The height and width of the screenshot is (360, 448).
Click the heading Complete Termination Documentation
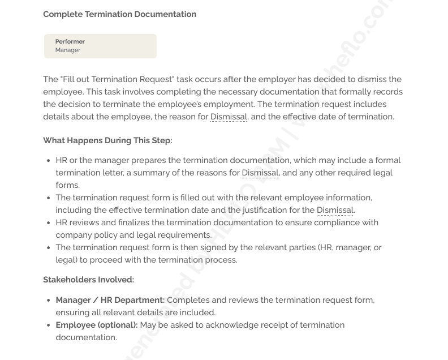pyautogui.click(x=119, y=14)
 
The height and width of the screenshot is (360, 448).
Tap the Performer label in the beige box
pyautogui.click(x=70, y=41)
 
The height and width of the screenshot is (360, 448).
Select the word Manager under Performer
pyautogui.click(x=68, y=50)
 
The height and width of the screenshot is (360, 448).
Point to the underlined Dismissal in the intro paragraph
pyautogui.click(x=229, y=117)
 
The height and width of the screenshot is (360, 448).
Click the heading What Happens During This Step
pyautogui.click(x=107, y=140)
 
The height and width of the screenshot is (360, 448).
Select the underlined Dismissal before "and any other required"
pyautogui.click(x=260, y=173)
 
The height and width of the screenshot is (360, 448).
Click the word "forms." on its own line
pyautogui.click(x=67, y=185)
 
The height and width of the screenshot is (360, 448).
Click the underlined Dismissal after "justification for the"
pyautogui.click(x=335, y=210)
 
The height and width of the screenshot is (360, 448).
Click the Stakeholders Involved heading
pyautogui.click(x=88, y=280)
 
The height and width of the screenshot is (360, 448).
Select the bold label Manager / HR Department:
pyautogui.click(x=110, y=300)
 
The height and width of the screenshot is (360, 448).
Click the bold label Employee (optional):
pyautogui.click(x=96, y=325)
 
